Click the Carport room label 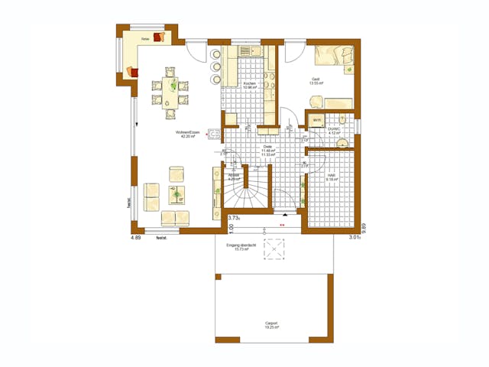[x=271, y=325]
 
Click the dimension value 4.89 [x=136, y=237]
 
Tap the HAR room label [x=332, y=176]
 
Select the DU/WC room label [x=334, y=130]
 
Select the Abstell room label [x=234, y=176]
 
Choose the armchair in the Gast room [x=314, y=100]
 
